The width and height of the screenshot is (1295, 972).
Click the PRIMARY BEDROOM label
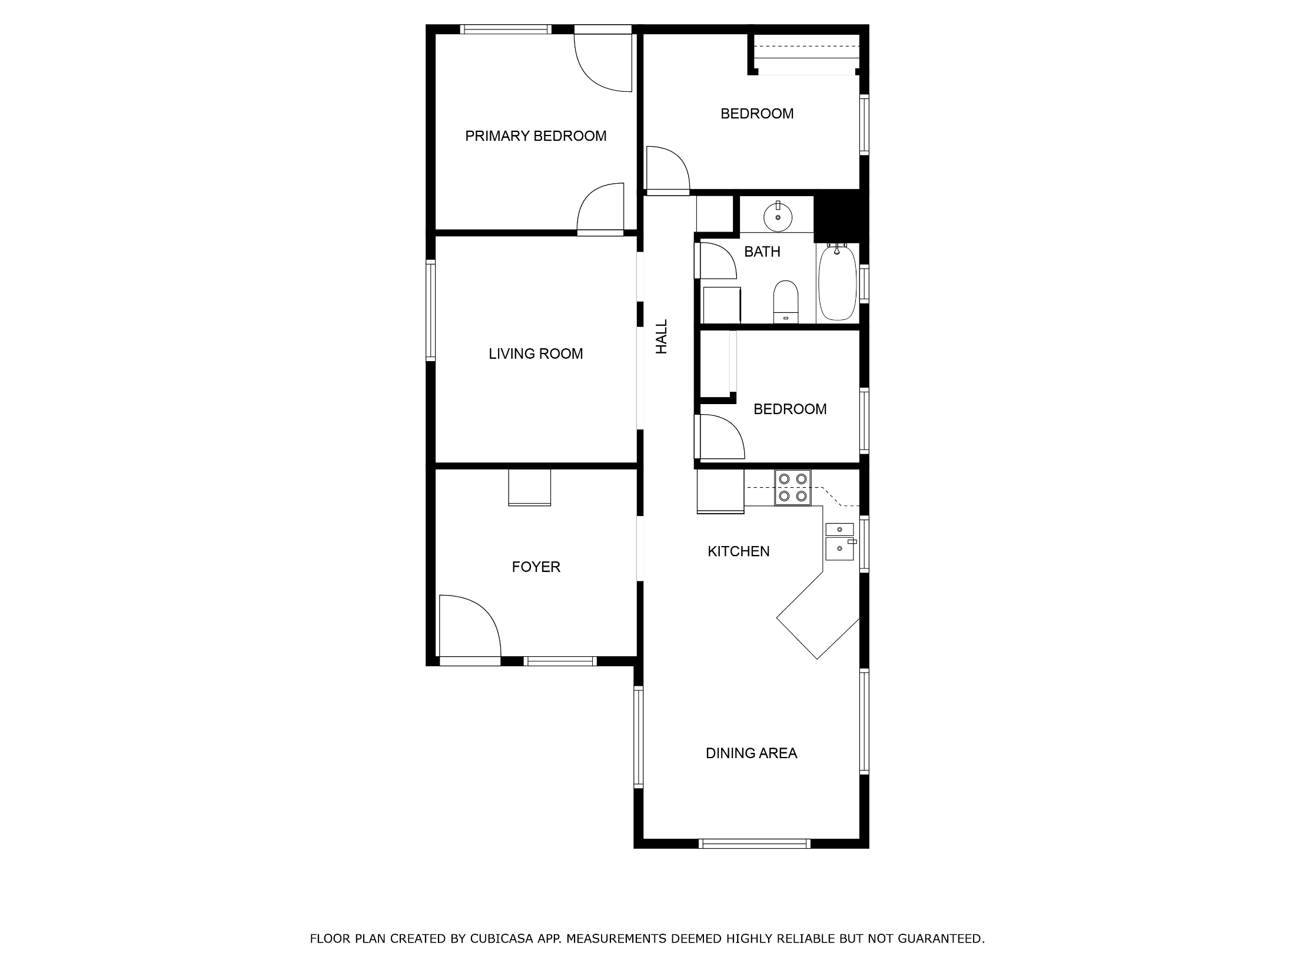point(536,136)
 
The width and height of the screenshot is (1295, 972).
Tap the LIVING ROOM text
point(536,353)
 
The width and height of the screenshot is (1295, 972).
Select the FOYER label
point(536,567)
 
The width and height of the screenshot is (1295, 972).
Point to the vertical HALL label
point(662,336)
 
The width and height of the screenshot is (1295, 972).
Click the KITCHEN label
point(738,551)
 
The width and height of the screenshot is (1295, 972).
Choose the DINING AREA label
point(751,753)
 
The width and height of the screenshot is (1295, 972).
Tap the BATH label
point(762,252)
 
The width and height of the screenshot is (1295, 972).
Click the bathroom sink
point(778,216)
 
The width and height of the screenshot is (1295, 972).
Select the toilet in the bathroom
point(785,302)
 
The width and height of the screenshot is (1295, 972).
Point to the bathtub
point(837,283)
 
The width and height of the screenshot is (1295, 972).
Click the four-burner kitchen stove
point(793,488)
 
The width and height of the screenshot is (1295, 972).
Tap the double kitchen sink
point(840,541)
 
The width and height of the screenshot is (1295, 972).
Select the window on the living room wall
point(430,310)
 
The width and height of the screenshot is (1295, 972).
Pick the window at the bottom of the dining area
point(754,844)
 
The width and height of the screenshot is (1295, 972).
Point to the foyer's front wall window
point(560,661)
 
